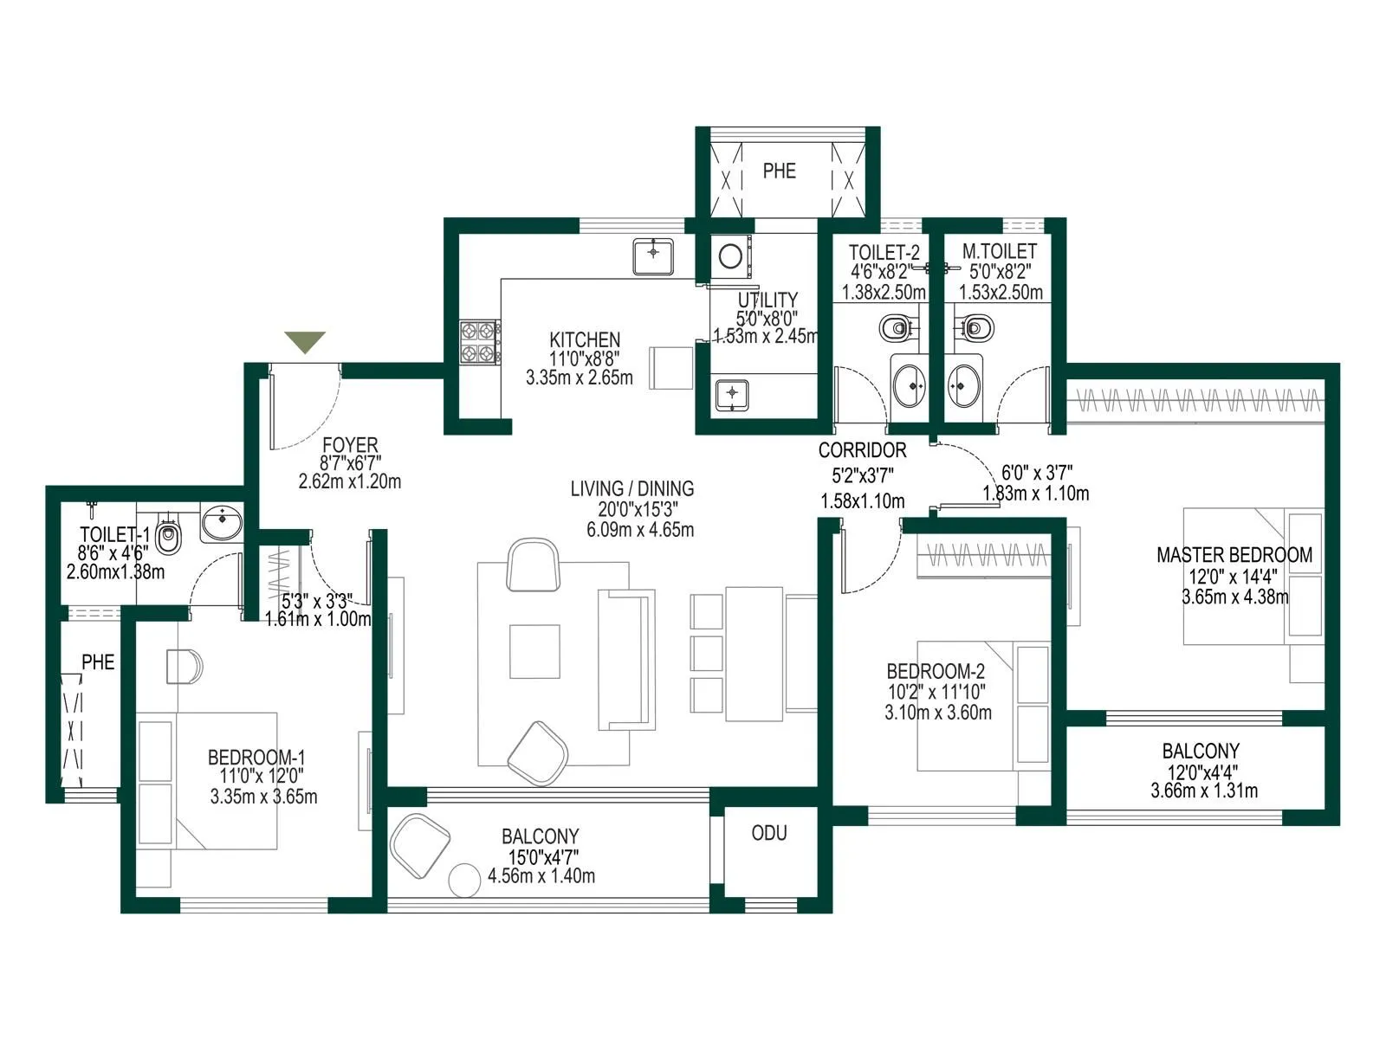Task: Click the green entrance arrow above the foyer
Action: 305,341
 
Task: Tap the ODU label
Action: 769,833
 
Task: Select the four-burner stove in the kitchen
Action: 479,342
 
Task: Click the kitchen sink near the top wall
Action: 653,257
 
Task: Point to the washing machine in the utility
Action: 730,256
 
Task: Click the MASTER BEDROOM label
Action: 1234,555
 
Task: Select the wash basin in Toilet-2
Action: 909,383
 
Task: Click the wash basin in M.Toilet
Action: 964,382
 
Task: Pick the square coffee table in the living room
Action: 534,651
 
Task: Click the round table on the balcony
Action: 464,880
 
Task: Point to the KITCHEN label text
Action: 585,340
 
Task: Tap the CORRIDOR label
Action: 862,450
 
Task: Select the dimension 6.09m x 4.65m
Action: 640,530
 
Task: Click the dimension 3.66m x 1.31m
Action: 1203,791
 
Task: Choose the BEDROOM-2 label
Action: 936,671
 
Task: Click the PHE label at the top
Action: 779,171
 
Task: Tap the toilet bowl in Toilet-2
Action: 895,328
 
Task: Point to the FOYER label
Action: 350,446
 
